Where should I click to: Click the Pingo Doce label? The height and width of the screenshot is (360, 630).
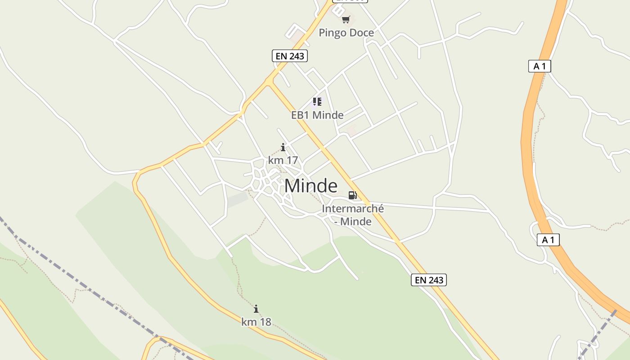tap(346, 33)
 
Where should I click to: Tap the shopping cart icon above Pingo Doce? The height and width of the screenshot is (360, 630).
tap(346, 19)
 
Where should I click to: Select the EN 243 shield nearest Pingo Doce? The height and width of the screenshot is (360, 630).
tap(290, 56)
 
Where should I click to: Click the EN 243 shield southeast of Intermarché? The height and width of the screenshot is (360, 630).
tap(429, 280)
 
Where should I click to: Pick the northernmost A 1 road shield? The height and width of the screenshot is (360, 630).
tap(540, 66)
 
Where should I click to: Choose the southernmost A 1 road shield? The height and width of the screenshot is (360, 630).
tap(548, 240)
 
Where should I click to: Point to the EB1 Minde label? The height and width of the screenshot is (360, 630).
tap(317, 115)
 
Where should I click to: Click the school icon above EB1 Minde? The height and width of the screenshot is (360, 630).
tap(317, 102)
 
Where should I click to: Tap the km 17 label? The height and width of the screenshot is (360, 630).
tap(283, 160)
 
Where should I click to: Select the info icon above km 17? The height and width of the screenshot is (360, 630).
tap(283, 147)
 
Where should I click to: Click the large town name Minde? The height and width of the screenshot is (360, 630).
tap(310, 185)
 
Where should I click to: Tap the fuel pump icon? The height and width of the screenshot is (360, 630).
tap(353, 195)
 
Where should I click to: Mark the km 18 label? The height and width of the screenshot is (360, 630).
tap(256, 322)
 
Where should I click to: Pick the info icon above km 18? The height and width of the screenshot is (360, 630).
tap(256, 309)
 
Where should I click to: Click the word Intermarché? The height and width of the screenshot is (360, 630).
tap(353, 209)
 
